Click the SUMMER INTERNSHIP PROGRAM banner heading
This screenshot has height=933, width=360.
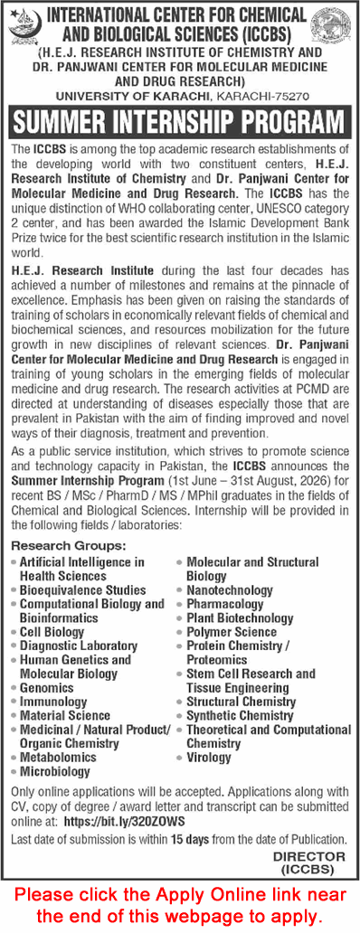[x=180, y=122]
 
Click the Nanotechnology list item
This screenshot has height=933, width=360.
[x=229, y=589]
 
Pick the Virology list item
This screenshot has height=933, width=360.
[x=209, y=758]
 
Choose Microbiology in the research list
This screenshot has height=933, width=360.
[x=55, y=771]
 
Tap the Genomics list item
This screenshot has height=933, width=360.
[x=46, y=687]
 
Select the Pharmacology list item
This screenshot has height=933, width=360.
[x=225, y=604]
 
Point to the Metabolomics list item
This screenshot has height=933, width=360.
[x=58, y=758]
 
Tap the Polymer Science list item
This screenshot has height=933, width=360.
[x=232, y=632]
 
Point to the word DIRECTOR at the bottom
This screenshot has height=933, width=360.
[x=308, y=855]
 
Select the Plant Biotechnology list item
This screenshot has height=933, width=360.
[x=240, y=617]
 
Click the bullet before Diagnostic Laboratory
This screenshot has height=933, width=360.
[x=13, y=646]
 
